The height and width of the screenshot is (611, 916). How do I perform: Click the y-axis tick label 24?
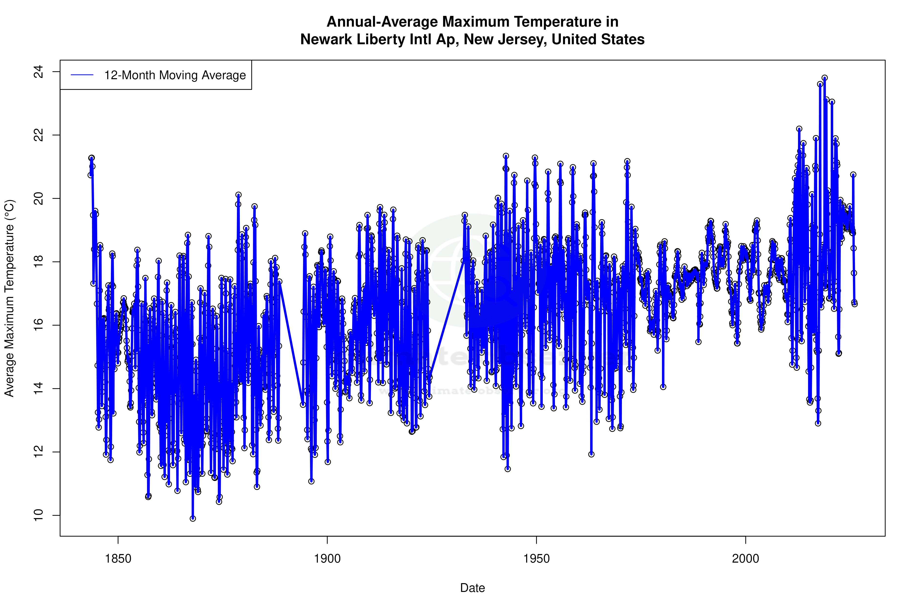pyautogui.click(x=38, y=72)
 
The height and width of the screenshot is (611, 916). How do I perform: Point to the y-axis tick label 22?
pyautogui.click(x=38, y=135)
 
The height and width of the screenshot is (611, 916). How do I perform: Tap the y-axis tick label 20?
pyautogui.click(x=38, y=199)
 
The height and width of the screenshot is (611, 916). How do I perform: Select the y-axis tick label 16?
pyautogui.click(x=38, y=325)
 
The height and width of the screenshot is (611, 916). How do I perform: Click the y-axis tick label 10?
pyautogui.click(x=38, y=515)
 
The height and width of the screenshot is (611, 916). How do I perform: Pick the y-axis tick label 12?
pyautogui.click(x=38, y=452)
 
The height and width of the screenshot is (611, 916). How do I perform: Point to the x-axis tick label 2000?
pyautogui.click(x=746, y=559)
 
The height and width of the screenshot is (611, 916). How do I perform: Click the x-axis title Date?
pyautogui.click(x=472, y=588)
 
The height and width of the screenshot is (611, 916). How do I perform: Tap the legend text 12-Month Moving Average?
pyautogui.click(x=175, y=75)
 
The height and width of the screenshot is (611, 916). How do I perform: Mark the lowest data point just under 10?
pyautogui.click(x=193, y=518)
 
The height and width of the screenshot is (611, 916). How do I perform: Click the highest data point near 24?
pyautogui.click(x=824, y=78)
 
